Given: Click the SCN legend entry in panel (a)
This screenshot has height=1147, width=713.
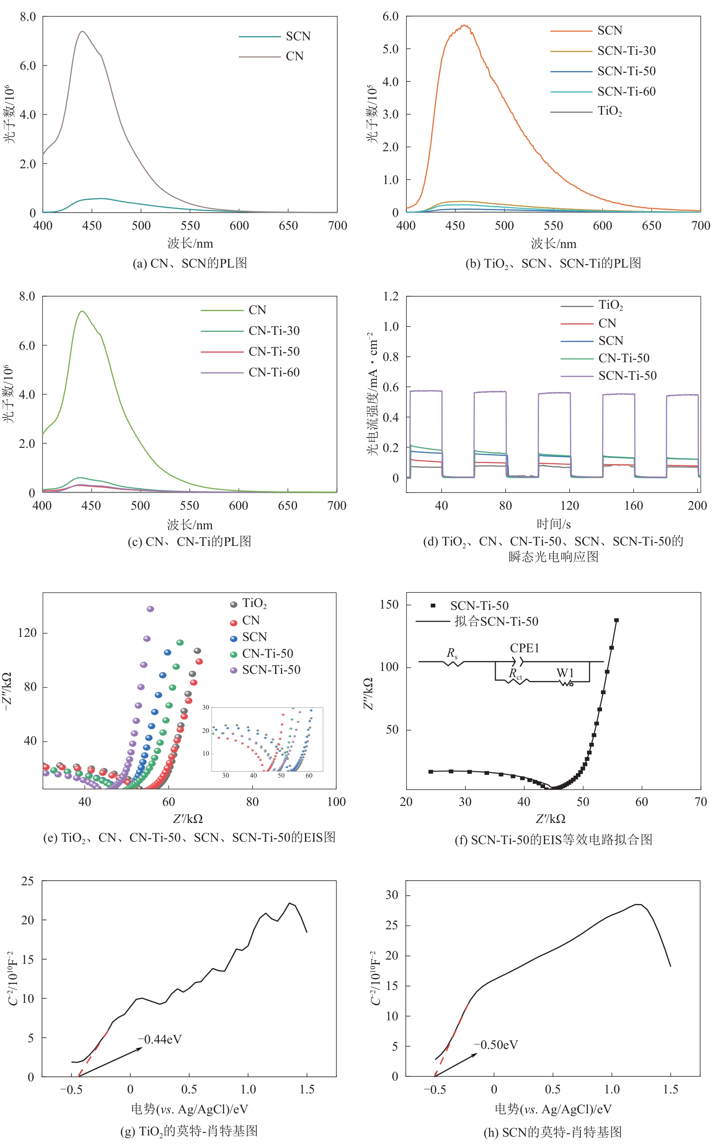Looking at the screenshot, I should coord(297,36).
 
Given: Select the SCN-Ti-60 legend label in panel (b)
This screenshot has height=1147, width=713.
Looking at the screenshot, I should coord(626,91).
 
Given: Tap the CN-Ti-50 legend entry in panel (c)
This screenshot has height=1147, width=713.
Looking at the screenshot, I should coord(274,352).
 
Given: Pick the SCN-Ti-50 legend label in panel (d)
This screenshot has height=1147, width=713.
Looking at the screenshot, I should coord(627,376).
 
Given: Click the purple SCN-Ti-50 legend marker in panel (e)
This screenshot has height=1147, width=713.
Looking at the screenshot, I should coord(234,670).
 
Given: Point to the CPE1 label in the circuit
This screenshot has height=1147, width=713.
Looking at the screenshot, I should coord(524,648).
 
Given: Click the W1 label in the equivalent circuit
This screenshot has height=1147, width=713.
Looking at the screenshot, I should coord(565,673).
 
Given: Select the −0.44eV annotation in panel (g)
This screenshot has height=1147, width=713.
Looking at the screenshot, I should coord(160,1039).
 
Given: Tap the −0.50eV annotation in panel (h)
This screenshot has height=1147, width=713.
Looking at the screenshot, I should coord(496,1045).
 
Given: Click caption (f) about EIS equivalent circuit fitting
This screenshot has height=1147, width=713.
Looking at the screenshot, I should coord(553,840).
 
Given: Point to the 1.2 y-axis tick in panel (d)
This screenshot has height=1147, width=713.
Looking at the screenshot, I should coord(391,297).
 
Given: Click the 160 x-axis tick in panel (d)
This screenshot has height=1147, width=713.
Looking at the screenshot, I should coord(633,506).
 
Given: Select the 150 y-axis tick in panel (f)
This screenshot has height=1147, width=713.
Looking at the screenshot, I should coord(389,605).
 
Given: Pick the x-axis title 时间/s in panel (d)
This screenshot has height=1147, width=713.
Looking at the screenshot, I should coord(553,524).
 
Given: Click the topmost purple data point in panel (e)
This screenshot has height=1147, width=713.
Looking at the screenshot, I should coord(150,609).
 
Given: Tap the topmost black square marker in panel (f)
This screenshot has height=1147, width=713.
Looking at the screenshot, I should coord(616,620).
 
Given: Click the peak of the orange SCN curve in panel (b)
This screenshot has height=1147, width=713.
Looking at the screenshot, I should coord(465,25).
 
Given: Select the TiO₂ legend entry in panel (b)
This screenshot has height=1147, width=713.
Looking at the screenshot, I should coord(609,111).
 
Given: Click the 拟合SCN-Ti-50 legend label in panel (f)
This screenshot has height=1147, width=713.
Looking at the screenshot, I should coord(496,621).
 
